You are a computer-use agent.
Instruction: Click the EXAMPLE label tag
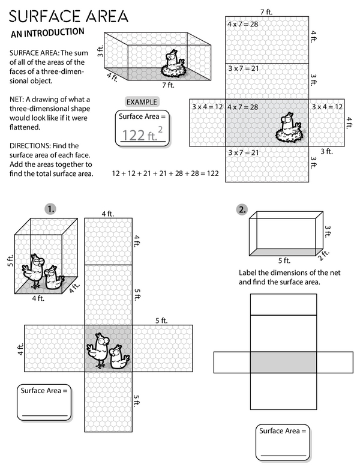142,102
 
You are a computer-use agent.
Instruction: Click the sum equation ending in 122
165,173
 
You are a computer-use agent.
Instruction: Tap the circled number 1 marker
51,209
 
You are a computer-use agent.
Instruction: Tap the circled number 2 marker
242,209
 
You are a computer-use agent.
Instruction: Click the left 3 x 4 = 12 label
207,106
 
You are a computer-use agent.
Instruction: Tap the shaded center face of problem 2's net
283,362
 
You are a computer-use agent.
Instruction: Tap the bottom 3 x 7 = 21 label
242,152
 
